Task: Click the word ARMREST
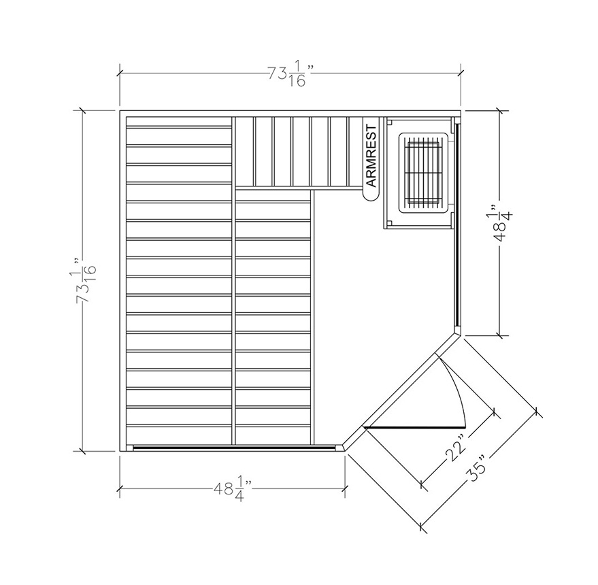coord(371,156)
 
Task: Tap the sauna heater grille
coord(423,172)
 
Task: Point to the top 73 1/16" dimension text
coord(291,75)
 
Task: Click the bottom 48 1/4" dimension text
coord(233,488)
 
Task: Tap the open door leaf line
coord(415,427)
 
